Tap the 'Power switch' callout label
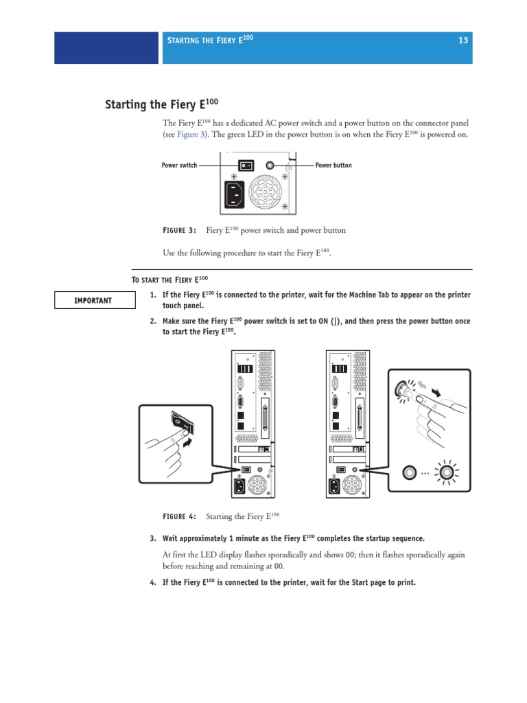[x=179, y=165]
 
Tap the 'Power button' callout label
[x=333, y=165]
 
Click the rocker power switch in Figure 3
[x=246, y=165]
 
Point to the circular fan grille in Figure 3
[x=265, y=194]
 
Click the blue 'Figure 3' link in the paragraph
[x=191, y=135]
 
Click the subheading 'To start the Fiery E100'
[x=169, y=279]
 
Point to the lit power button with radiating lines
[x=449, y=472]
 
